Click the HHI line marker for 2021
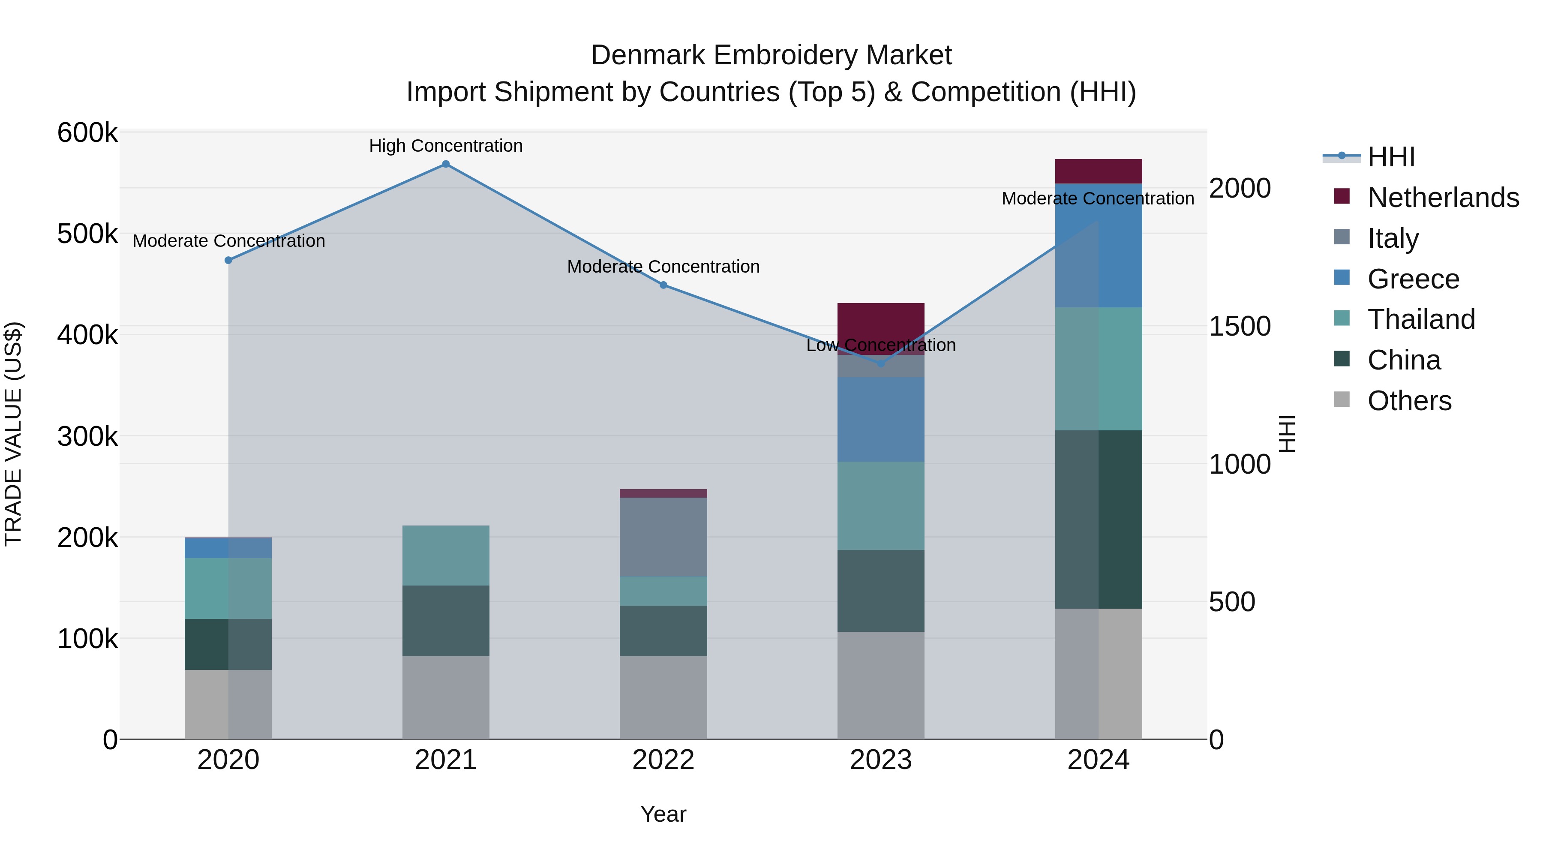tap(446, 164)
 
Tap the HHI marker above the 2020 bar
tap(228, 260)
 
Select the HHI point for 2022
tap(663, 285)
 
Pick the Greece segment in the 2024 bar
tap(1098, 246)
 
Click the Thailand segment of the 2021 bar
tap(446, 555)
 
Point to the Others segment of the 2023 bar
tap(880, 685)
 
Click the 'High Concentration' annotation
tap(446, 146)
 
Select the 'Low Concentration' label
tap(880, 345)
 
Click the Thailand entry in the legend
tap(1421, 319)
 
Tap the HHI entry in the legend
tap(1391, 157)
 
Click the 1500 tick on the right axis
tap(1239, 327)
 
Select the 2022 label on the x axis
tap(663, 760)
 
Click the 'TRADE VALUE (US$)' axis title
tap(13, 434)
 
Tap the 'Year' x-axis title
tap(663, 814)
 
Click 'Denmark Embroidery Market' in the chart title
tap(771, 55)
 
